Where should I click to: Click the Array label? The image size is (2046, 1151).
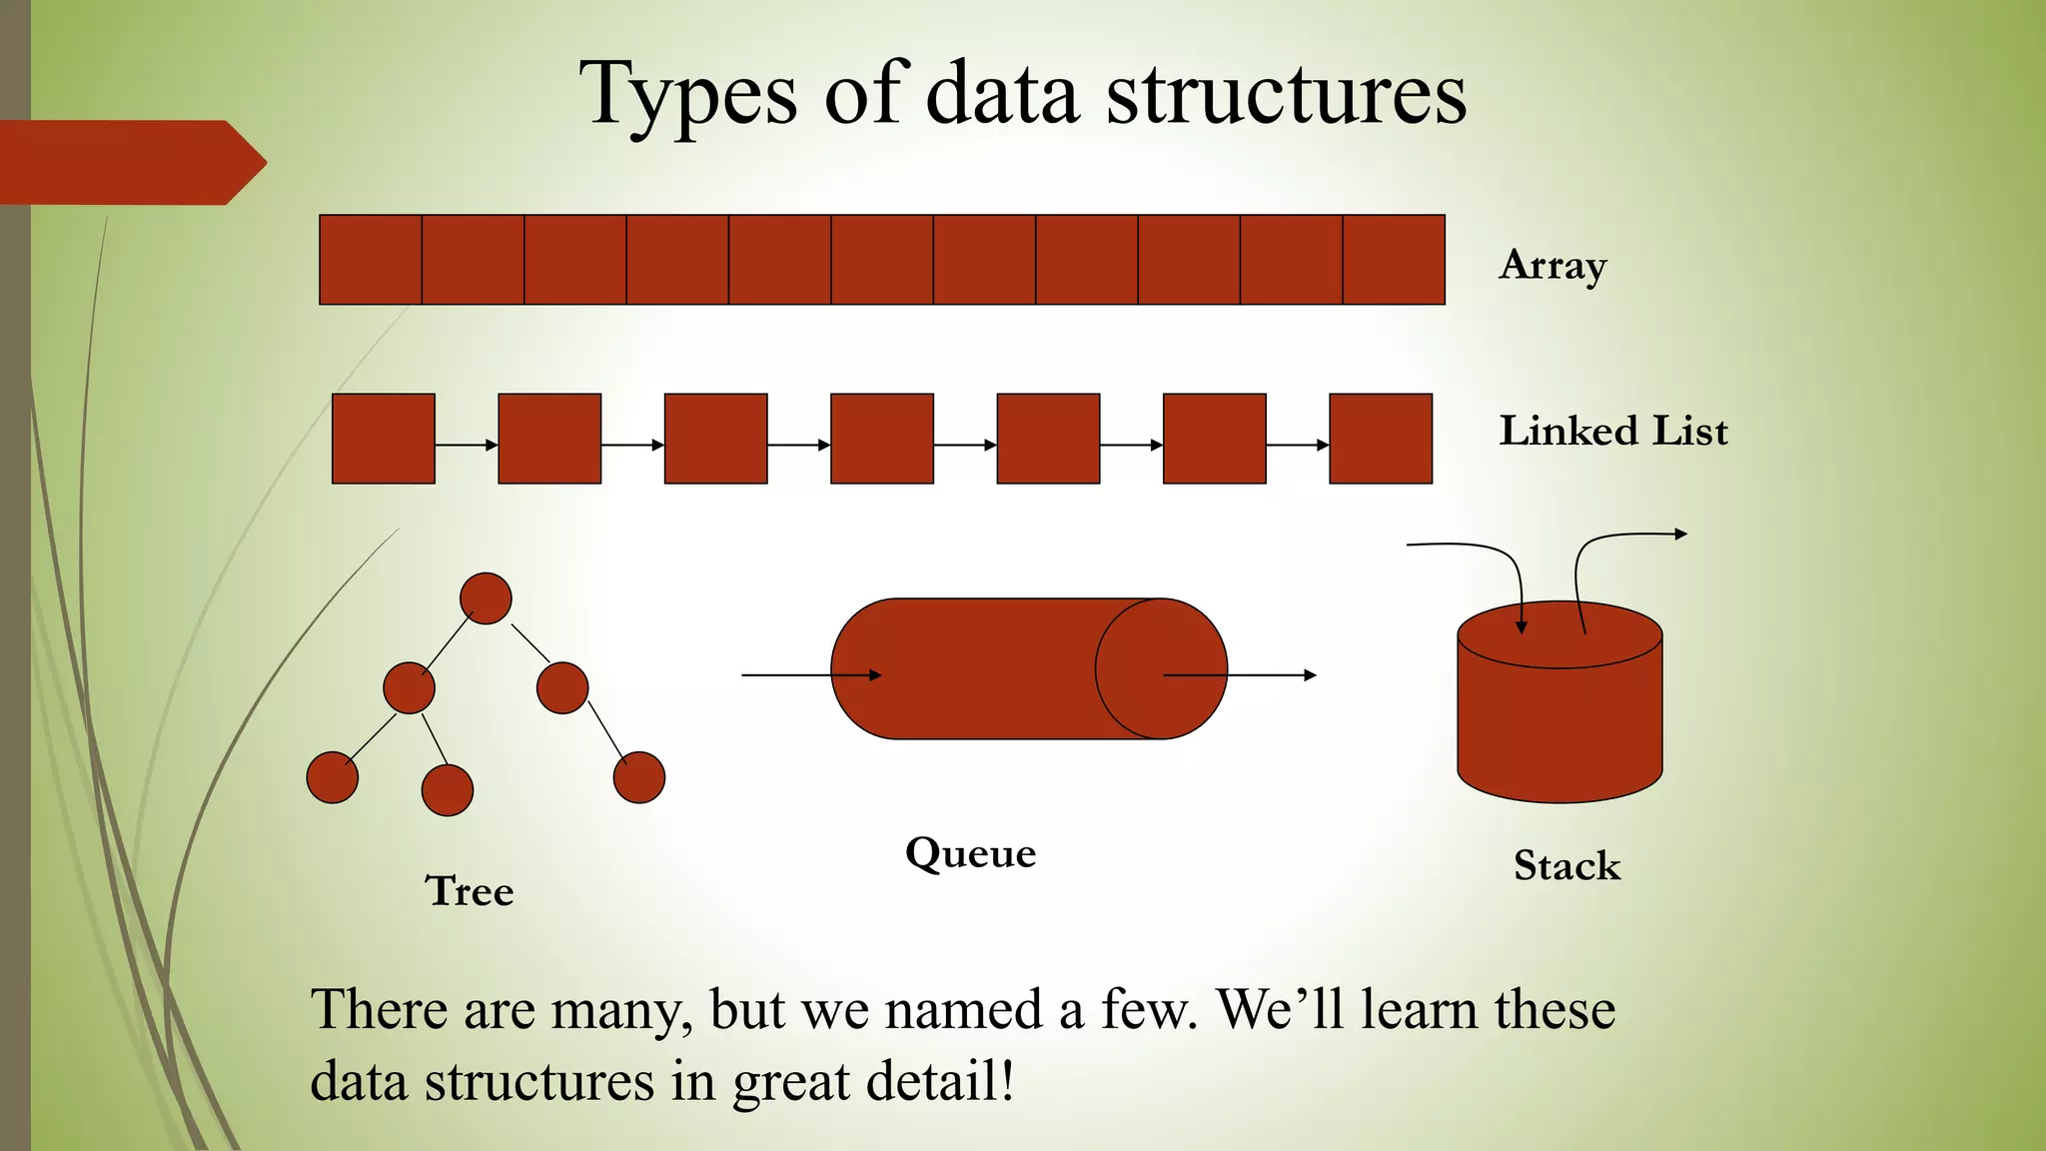click(x=1552, y=266)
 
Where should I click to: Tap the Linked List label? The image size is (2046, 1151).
click(x=1612, y=432)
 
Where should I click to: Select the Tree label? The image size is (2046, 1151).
click(x=470, y=890)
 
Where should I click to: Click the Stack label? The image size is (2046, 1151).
click(x=1566, y=865)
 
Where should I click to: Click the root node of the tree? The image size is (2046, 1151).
click(x=486, y=598)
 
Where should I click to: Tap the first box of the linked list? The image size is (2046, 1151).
click(x=384, y=439)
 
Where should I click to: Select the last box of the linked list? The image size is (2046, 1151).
click(x=1381, y=439)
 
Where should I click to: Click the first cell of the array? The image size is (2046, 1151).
click(x=371, y=260)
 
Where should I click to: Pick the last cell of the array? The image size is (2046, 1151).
click(x=1394, y=260)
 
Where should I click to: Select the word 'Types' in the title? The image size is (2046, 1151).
click(x=689, y=95)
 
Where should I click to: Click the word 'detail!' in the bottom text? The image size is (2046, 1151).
click(x=940, y=1082)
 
